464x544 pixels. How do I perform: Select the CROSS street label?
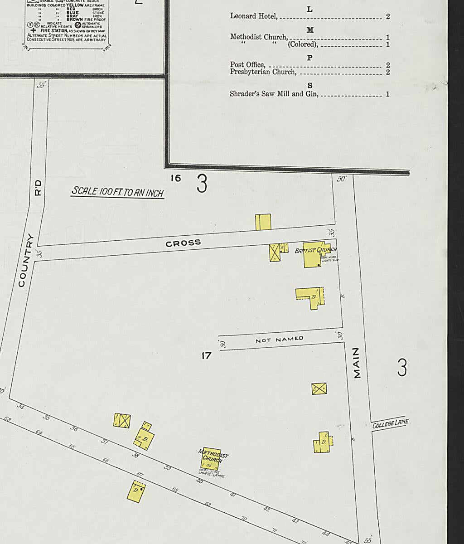[x=183, y=243]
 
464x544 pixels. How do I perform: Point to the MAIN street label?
[x=357, y=363]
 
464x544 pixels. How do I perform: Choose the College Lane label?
[x=390, y=423]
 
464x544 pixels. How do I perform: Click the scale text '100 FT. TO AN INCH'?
[x=117, y=192]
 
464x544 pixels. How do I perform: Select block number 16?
[x=175, y=178]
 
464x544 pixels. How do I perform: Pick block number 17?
[x=206, y=356]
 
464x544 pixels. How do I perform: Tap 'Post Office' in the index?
[x=247, y=65]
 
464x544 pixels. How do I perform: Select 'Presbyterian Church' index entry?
[x=263, y=72]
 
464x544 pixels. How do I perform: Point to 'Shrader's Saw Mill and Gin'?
[x=274, y=94]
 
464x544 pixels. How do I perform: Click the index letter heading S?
[x=310, y=86]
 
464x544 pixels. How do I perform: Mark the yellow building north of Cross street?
[x=263, y=222]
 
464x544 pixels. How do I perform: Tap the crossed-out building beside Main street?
[x=319, y=389]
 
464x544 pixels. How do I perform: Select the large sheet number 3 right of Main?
[x=402, y=367]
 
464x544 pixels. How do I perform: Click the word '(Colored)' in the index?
[x=303, y=44]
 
